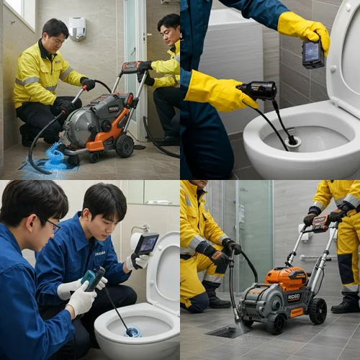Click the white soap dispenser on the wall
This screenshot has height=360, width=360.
coord(77,28)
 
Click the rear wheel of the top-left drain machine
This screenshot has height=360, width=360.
coord(125,145)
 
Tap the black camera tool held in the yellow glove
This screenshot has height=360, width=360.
coord(258,90)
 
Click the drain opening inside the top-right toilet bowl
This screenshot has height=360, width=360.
coord(292,141)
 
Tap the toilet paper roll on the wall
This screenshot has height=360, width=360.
coord(136,240)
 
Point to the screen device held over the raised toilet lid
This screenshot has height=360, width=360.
coord(147,245)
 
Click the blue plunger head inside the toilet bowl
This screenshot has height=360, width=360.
coord(132,331)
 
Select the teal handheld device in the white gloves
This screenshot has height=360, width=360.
coord(92,278)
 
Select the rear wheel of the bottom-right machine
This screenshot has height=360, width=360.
coord(317,311)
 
